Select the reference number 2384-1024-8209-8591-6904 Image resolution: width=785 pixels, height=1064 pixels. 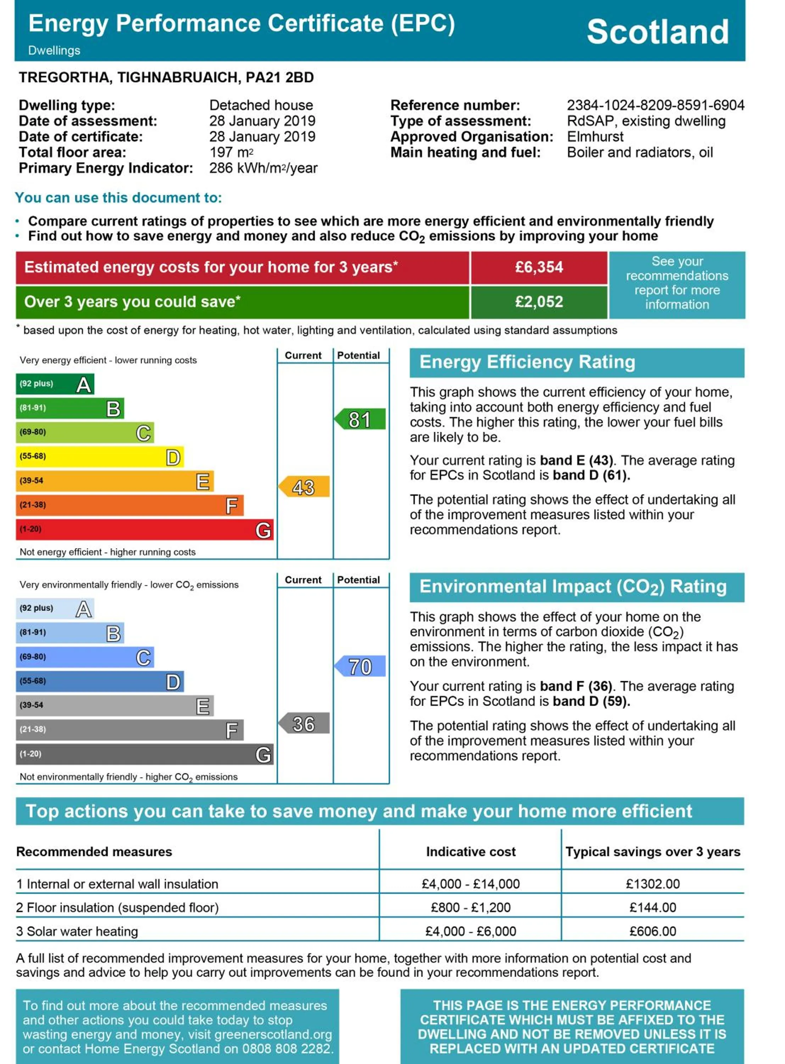click(655, 105)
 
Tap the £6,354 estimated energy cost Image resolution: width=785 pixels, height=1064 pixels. click(539, 267)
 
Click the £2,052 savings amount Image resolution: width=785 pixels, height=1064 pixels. click(539, 302)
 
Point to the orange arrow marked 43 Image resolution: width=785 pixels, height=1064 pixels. click(304, 487)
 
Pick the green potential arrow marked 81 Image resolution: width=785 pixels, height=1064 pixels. click(360, 420)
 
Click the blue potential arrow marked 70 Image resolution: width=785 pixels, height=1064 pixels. click(360, 667)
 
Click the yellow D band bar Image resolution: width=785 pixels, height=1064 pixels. click(100, 457)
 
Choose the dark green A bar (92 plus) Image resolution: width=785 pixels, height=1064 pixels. click(55, 384)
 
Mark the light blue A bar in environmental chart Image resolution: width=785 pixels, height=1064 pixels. click(55, 609)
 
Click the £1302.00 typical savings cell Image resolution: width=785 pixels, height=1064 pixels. click(652, 884)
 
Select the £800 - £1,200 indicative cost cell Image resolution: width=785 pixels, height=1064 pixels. click(471, 908)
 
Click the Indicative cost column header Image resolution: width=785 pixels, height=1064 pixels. click(471, 852)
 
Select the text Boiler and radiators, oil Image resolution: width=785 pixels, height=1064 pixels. click(640, 153)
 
